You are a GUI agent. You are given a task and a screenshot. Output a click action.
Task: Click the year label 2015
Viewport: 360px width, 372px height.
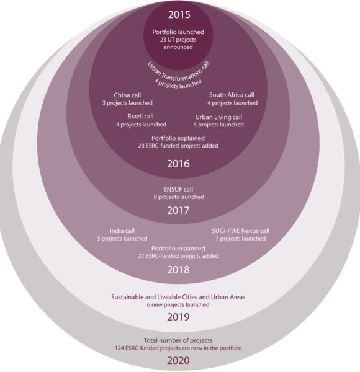[x=179, y=15]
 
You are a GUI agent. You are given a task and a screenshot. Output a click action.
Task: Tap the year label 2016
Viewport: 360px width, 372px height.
[x=178, y=164]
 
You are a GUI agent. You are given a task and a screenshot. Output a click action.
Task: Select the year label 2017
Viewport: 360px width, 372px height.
[x=178, y=210]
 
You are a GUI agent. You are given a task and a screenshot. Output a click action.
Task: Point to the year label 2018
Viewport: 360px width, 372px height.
[x=178, y=270]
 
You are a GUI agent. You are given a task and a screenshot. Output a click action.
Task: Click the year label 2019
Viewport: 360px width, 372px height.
[x=178, y=317]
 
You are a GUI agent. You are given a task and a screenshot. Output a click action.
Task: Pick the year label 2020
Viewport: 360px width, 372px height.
[x=178, y=361]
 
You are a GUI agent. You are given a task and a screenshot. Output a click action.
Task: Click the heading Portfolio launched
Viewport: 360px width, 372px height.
[x=178, y=32]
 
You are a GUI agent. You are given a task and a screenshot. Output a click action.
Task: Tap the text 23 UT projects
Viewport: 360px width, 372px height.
[x=178, y=40]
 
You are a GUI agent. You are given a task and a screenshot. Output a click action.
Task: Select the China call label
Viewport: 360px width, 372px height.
[x=127, y=95]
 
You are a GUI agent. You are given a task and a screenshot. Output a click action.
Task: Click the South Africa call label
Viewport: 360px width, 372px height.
[x=232, y=95]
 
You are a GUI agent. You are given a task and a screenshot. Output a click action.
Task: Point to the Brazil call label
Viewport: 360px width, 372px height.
[x=140, y=117]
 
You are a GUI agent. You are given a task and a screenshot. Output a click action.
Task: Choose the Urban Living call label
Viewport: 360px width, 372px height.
[x=218, y=117]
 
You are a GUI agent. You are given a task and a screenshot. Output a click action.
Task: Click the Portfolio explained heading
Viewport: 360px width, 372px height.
[x=178, y=138]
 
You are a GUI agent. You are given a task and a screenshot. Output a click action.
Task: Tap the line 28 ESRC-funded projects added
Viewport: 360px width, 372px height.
[x=178, y=146]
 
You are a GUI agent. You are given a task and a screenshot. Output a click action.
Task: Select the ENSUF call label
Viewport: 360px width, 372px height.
[x=178, y=189]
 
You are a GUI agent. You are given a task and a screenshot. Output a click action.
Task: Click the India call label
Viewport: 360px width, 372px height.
[x=122, y=231]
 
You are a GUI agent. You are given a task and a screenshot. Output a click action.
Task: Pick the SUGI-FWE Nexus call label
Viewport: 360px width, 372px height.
[x=241, y=231]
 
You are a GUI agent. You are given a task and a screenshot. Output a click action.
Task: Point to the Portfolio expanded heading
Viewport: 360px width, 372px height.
[x=178, y=249]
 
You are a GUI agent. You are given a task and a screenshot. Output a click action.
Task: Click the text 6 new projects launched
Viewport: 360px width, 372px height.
[x=178, y=304]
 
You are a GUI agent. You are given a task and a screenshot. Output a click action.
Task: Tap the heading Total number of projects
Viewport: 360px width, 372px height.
[x=178, y=340]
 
